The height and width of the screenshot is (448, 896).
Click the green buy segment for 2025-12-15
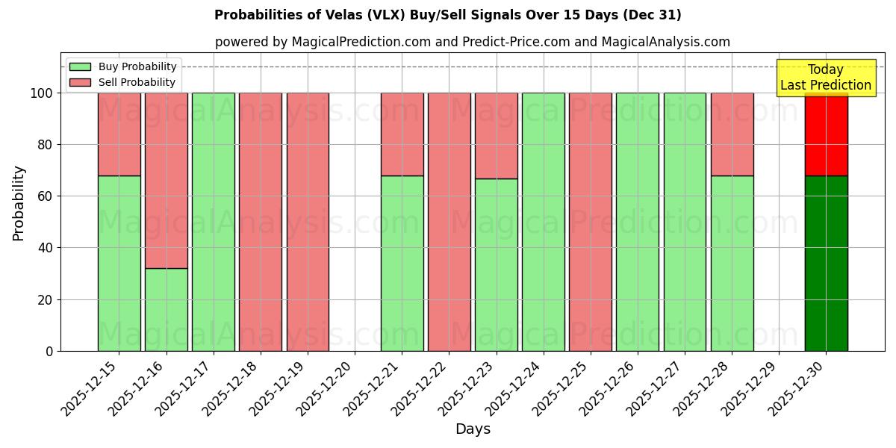point(119,263)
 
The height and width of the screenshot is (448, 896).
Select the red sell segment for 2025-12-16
point(167,179)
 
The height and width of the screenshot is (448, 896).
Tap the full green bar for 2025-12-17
point(214,222)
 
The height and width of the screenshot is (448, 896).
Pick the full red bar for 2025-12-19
point(308,222)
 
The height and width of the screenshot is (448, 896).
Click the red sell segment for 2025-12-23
point(497,135)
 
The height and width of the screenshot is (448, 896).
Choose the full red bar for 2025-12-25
point(591,222)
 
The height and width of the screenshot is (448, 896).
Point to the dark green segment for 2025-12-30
point(827,263)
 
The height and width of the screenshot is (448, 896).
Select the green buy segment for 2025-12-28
point(732,263)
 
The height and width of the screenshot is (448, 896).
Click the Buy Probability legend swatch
point(80,66)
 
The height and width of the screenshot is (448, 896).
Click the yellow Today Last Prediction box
point(826,78)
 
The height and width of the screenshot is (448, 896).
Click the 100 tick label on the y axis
point(41,93)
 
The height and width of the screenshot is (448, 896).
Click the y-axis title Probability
point(19,202)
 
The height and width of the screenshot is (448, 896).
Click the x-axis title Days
point(473,429)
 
